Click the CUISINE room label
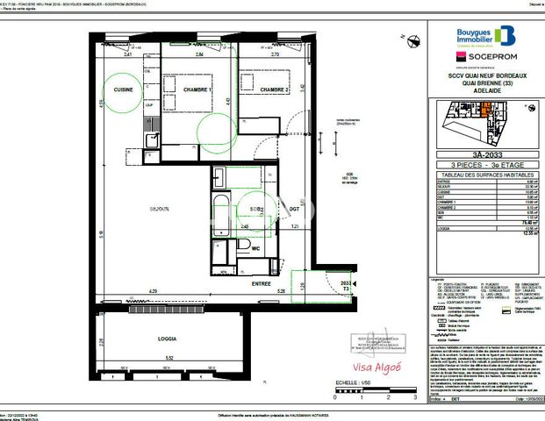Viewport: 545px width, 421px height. click(119, 89)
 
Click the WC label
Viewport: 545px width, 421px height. click(256, 248)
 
